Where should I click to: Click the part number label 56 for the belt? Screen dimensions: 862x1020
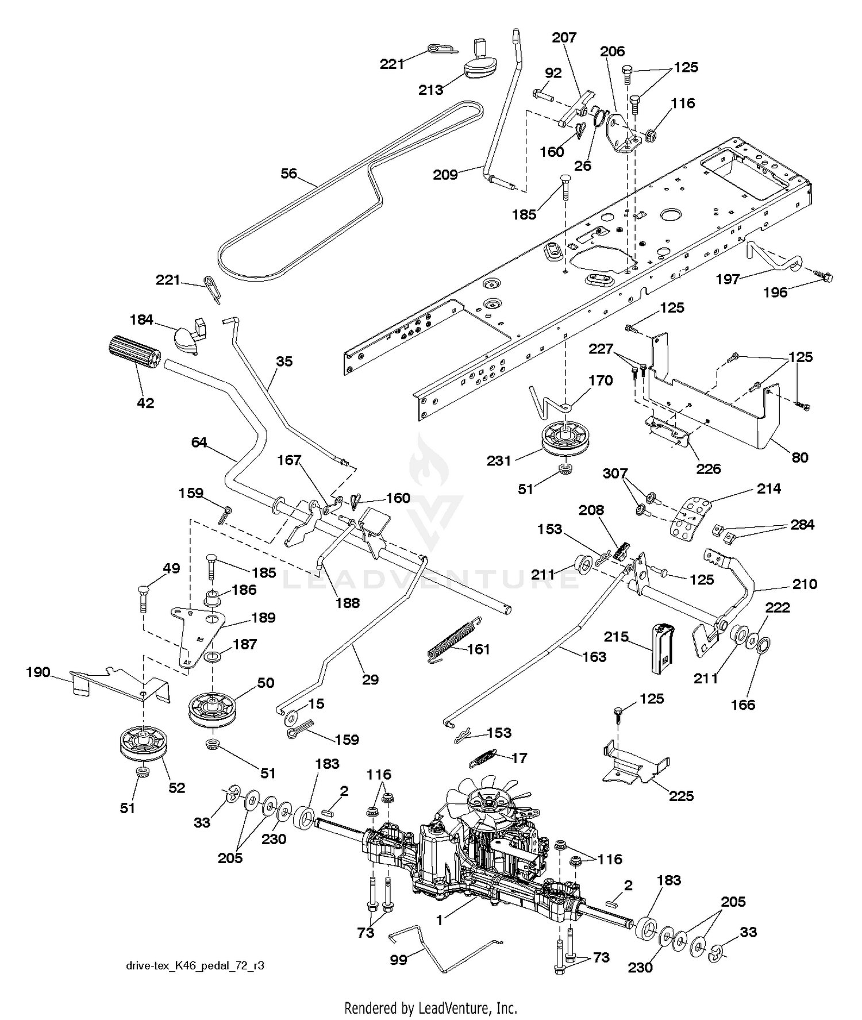pyautogui.click(x=289, y=173)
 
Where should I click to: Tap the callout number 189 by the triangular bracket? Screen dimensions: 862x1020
pyautogui.click(x=263, y=618)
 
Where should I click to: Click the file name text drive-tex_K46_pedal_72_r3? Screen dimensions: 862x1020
pyautogui.click(x=195, y=965)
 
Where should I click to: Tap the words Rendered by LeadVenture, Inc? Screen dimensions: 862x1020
pyautogui.click(x=430, y=1007)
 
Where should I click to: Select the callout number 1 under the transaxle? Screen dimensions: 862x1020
pyautogui.click(x=439, y=920)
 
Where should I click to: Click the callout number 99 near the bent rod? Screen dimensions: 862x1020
pyautogui.click(x=398, y=960)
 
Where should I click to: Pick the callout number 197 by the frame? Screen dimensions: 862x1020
pyautogui.click(x=728, y=279)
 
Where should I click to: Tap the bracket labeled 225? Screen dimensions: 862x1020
pyautogui.click(x=634, y=763)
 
